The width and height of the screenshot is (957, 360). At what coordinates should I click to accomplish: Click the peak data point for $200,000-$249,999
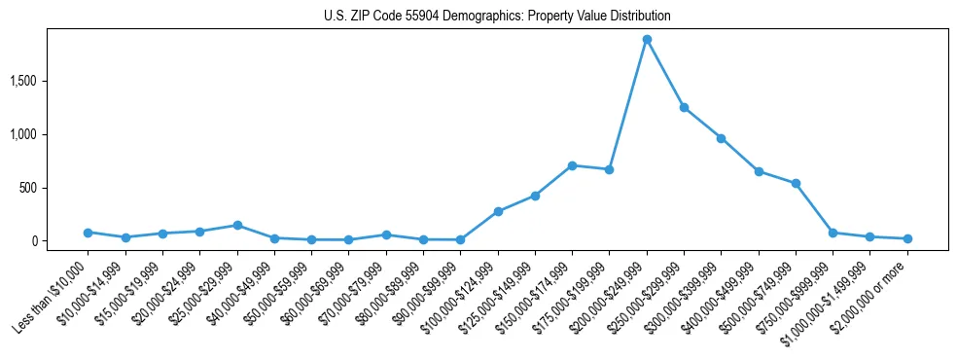[647, 40]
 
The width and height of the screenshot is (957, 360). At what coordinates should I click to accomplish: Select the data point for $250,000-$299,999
[684, 107]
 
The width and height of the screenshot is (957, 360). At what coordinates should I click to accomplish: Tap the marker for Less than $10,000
[88, 233]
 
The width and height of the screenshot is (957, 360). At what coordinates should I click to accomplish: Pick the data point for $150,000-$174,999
[572, 165]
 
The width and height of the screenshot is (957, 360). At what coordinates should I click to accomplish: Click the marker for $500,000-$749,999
[796, 183]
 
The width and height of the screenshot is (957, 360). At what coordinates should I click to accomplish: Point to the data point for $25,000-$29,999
[237, 225]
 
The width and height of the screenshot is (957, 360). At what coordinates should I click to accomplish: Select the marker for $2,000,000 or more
[907, 238]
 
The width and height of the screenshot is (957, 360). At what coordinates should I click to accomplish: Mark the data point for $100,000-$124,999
[498, 211]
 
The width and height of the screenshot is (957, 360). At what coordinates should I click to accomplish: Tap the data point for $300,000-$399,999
[721, 138]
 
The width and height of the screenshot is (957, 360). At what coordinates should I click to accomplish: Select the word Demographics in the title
[484, 17]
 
